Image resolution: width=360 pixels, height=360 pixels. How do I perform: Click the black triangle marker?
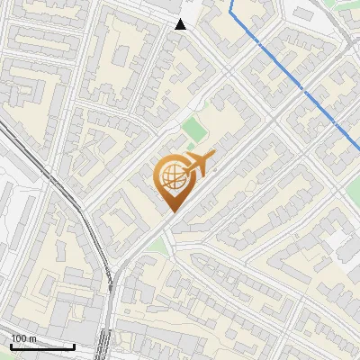click(x=181, y=24)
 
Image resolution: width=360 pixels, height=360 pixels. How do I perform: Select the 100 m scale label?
click(x=23, y=338)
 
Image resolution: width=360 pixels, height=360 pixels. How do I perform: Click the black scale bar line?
click(x=42, y=346)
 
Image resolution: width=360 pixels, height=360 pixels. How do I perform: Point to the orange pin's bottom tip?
click(x=171, y=211)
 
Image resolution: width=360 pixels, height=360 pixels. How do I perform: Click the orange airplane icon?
click(x=200, y=164)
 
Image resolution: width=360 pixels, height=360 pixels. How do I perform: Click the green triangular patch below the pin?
click(x=159, y=244)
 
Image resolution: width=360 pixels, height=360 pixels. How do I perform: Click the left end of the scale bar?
click(x=11, y=346)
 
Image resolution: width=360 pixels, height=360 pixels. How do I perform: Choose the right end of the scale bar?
click(x=74, y=346)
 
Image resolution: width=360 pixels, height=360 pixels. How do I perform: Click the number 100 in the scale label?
click(x=19, y=338)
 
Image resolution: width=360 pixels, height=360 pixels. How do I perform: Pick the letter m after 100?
click(x=32, y=338)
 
